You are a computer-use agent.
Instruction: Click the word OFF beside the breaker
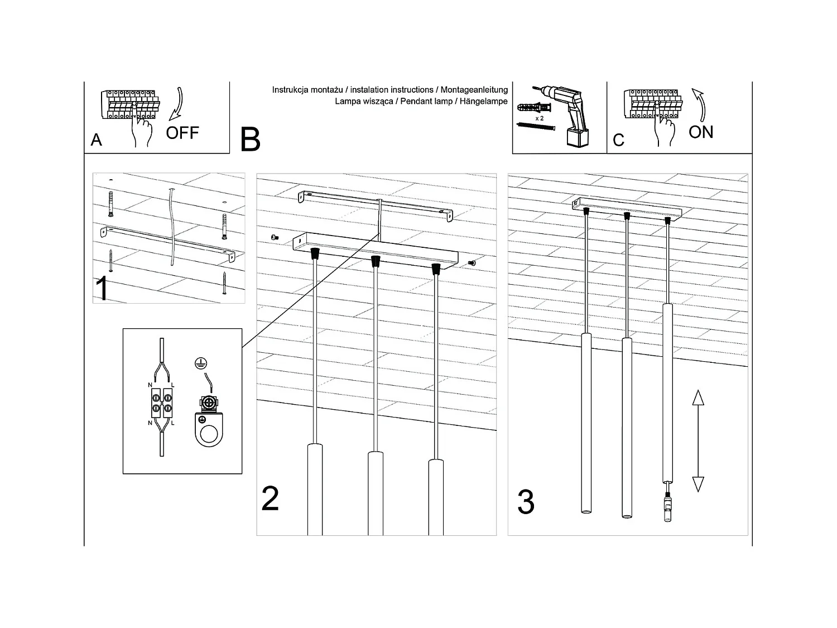click(x=182, y=133)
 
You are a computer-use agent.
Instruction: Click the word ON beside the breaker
click(x=701, y=132)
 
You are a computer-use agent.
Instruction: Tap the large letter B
click(x=250, y=140)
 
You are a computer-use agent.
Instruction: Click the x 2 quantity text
click(x=539, y=119)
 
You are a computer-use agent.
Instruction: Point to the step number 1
click(x=102, y=289)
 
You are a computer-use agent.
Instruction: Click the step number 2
click(x=270, y=498)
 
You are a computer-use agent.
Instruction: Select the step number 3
click(x=526, y=502)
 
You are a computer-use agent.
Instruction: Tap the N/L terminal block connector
click(x=161, y=402)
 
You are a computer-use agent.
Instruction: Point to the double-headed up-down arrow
click(x=698, y=441)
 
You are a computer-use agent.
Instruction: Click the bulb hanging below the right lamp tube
click(x=667, y=509)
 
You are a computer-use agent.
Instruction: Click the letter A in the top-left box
click(x=97, y=140)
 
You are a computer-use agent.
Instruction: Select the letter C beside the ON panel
click(x=618, y=140)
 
